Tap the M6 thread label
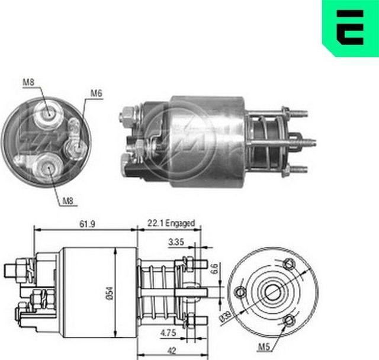click(x=97, y=93)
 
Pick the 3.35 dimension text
click(x=176, y=242)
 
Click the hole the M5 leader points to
click(x=289, y=320)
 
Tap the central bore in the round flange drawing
click(x=273, y=292)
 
